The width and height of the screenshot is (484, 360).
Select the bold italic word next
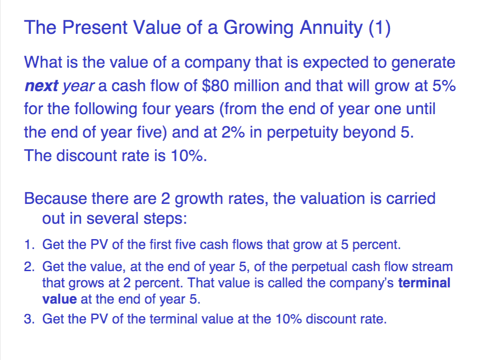[x=42, y=86]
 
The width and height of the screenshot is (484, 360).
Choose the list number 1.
[x=28, y=245]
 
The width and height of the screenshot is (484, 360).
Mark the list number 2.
[x=28, y=267]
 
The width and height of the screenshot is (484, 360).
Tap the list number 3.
[x=28, y=319]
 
